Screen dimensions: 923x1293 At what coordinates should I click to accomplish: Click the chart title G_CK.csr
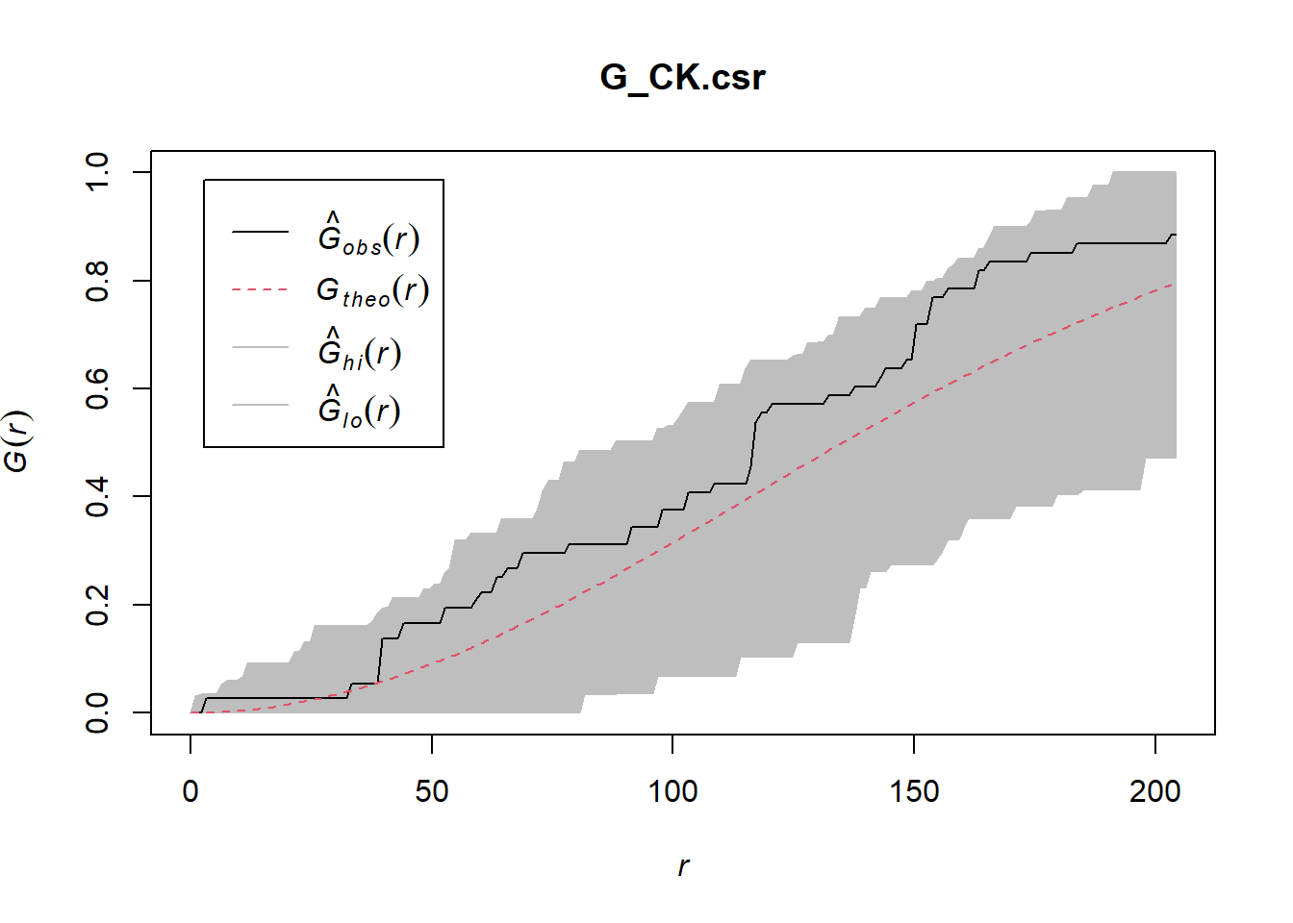[x=682, y=77]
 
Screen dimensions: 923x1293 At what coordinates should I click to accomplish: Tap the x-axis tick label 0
[x=190, y=791]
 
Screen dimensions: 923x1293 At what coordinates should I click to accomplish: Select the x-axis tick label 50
[x=432, y=791]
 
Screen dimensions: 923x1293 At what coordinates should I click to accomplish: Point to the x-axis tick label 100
[x=672, y=791]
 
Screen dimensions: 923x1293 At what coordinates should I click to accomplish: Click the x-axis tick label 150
[x=914, y=791]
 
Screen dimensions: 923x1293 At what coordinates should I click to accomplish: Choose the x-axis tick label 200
[x=1154, y=791]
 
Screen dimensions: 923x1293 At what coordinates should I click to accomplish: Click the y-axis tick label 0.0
[x=97, y=712]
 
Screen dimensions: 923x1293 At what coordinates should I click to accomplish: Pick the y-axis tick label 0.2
[x=97, y=605]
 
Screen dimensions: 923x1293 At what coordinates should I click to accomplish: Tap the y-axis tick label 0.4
[x=97, y=496]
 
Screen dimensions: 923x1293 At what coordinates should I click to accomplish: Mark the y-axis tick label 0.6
[x=97, y=388]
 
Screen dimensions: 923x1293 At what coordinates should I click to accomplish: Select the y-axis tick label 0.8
[x=97, y=281]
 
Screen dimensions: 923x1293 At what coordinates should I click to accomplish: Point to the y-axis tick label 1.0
[x=97, y=172]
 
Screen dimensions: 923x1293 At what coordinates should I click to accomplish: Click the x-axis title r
[x=683, y=866]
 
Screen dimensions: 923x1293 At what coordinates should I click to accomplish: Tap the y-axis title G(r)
[x=17, y=442]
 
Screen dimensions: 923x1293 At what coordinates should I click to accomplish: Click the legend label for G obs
[x=368, y=236]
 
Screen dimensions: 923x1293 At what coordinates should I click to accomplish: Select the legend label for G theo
[x=372, y=290]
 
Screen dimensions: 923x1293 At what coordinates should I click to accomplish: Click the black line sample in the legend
[x=260, y=232]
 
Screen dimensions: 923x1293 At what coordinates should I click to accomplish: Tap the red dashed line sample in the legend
[x=260, y=289]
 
